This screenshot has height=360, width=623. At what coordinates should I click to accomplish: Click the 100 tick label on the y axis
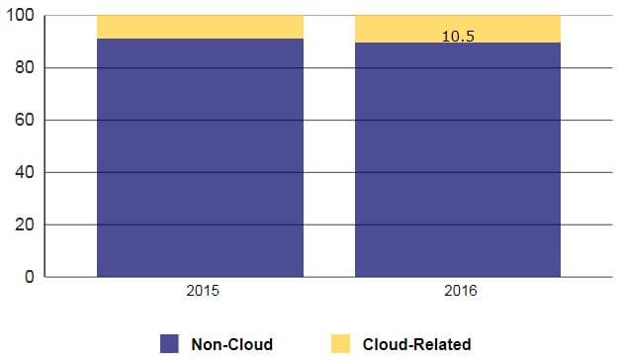[20, 16]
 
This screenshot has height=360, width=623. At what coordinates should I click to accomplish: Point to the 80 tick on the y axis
[25, 67]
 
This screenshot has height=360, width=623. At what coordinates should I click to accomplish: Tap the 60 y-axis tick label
[25, 120]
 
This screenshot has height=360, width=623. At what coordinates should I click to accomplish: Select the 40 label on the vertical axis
[25, 172]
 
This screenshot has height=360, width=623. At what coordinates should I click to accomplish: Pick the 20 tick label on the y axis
[25, 225]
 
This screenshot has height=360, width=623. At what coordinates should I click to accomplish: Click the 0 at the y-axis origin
[30, 277]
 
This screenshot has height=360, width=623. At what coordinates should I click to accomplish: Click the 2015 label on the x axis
[203, 291]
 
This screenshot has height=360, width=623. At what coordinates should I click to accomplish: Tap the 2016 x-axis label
[461, 291]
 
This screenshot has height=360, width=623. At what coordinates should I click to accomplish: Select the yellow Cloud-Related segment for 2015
[200, 27]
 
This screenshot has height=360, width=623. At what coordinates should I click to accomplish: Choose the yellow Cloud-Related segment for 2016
[458, 29]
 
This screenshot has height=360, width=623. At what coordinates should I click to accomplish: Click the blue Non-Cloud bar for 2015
[200, 158]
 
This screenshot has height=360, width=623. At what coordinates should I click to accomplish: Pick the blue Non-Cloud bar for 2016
[458, 160]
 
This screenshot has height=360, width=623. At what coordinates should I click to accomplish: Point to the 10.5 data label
[458, 37]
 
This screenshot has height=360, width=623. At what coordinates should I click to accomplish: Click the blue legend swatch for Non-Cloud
[169, 344]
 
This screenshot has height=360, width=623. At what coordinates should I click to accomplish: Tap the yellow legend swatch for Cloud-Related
[340, 344]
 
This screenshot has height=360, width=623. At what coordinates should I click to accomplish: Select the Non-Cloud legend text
[232, 344]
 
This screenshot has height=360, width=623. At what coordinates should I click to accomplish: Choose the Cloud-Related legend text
[416, 344]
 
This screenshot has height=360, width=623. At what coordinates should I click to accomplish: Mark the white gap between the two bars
[329, 146]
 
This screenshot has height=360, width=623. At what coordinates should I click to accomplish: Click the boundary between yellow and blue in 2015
[200, 39]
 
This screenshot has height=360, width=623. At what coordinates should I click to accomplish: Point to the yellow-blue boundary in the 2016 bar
[458, 43]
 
